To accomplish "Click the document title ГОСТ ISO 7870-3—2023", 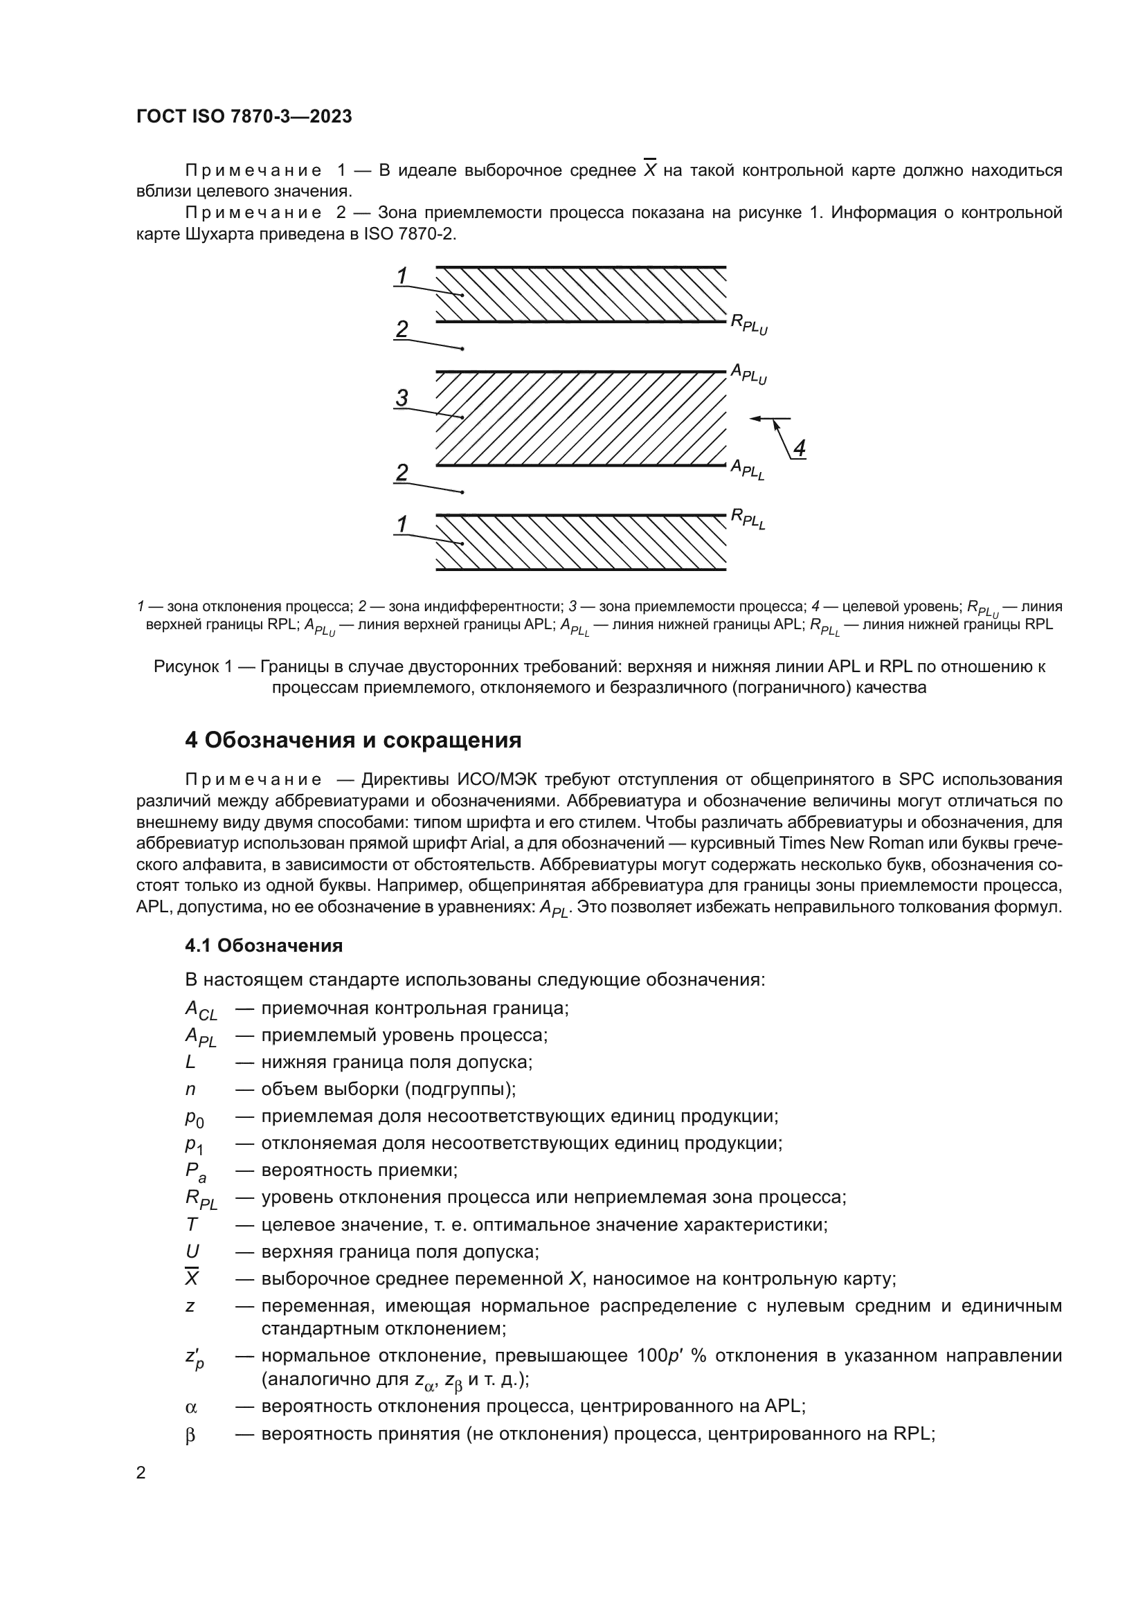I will coord(244,117).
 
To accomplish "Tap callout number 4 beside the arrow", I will coord(799,448).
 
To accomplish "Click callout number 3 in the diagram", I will coord(402,398).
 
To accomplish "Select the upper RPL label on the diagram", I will coord(748,325).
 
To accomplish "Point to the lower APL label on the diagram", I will coord(747,469).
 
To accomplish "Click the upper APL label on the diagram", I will coord(748,374).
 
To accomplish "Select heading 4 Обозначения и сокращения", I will coord(352,741).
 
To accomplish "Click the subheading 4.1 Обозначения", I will coord(264,946).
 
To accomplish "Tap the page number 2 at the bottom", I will coord(141,1473).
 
